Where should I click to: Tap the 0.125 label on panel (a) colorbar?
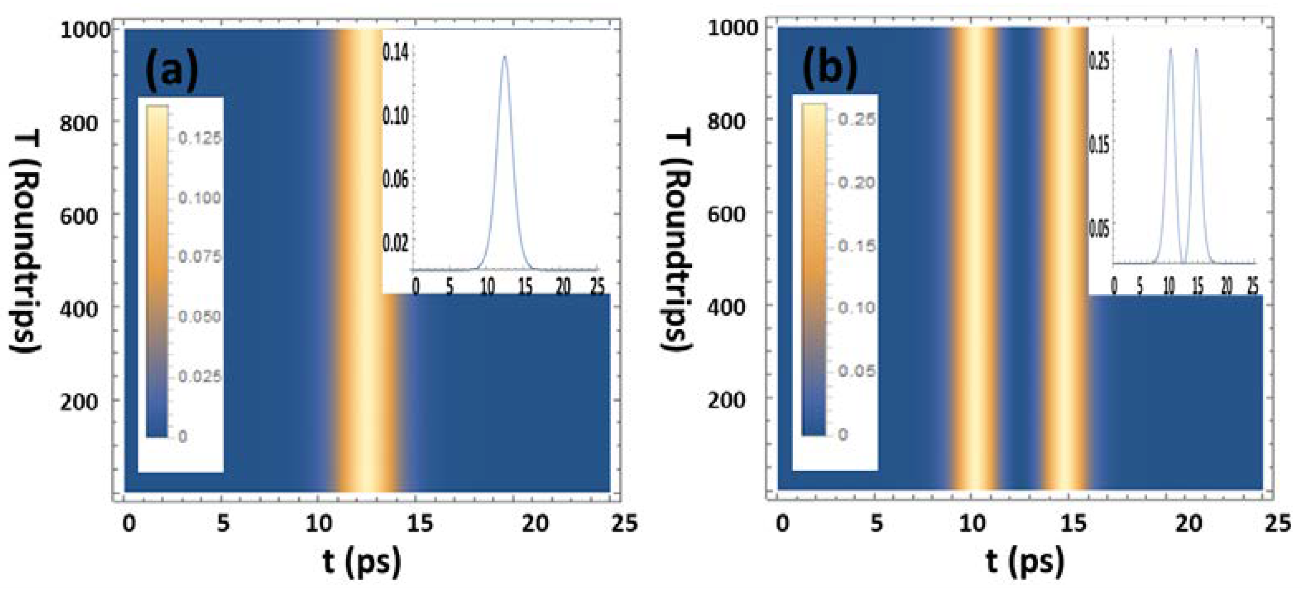(x=200, y=138)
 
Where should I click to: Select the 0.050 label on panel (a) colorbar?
(x=200, y=317)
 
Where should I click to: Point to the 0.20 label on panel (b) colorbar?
(x=856, y=182)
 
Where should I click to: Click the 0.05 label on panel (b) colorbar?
(x=856, y=371)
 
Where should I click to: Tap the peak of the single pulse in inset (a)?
(x=504, y=57)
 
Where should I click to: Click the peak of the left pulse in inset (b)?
(x=1170, y=49)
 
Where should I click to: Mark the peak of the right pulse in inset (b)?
(x=1196, y=49)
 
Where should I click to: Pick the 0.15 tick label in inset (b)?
(x=1099, y=145)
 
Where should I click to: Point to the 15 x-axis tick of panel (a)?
(x=420, y=524)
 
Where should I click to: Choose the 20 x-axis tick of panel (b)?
(x=1188, y=524)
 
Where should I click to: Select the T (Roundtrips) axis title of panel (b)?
(x=677, y=240)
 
